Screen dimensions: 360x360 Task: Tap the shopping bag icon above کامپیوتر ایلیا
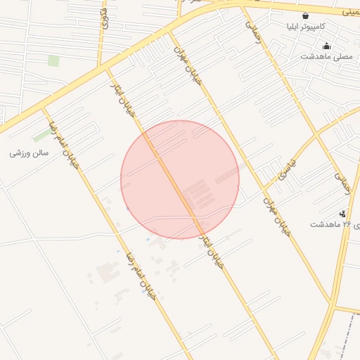tap(304, 15)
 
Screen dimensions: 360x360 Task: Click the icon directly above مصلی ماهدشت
tap(326, 46)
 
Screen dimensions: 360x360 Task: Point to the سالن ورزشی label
tap(30, 152)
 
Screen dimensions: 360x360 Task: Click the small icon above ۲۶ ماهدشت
tap(342, 213)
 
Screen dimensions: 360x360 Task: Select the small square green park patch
tap(53, 60)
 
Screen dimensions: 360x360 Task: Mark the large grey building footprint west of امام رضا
tap(108, 271)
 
